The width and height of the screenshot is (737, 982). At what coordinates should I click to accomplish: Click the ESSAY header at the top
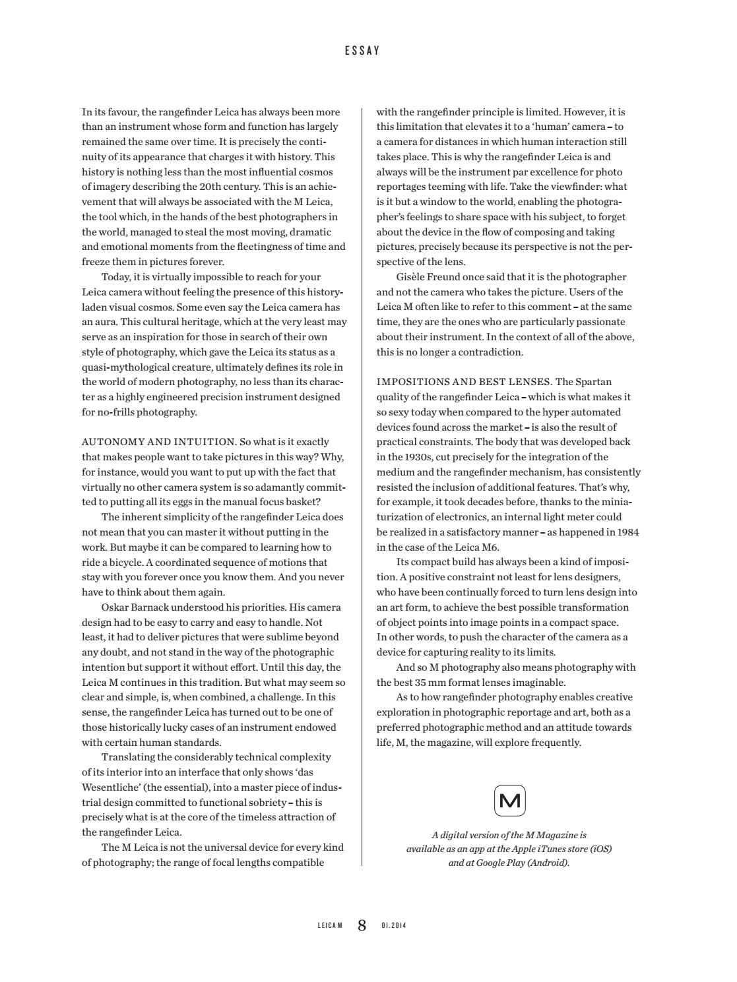[x=362, y=50]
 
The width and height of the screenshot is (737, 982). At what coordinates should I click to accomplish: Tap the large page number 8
[x=362, y=925]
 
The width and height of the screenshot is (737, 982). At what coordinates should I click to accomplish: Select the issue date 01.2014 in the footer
[x=394, y=925]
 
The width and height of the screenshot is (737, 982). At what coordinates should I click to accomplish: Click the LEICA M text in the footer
[x=330, y=925]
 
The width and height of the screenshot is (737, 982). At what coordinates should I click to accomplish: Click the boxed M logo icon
[x=510, y=801]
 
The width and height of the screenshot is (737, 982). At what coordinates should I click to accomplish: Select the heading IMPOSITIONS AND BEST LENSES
[x=464, y=382]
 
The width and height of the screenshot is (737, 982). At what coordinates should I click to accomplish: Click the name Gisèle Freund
[x=430, y=277]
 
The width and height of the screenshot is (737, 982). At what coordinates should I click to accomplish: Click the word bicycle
[x=122, y=563]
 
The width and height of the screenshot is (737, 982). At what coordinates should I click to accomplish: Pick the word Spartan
[x=593, y=382]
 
